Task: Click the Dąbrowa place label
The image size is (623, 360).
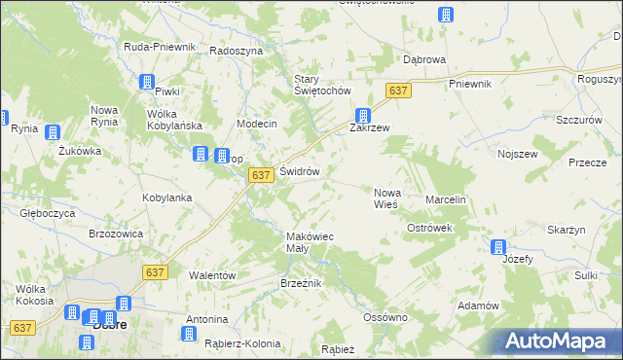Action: tap(424, 59)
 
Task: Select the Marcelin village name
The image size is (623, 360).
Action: tap(447, 199)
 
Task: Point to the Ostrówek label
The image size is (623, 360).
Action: tap(430, 227)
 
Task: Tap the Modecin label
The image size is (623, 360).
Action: tap(258, 125)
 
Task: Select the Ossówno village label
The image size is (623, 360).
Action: tap(384, 317)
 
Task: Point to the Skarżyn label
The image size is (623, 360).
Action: tap(566, 229)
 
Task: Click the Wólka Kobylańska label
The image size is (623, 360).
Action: tap(173, 120)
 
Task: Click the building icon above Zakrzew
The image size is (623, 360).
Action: tap(362, 114)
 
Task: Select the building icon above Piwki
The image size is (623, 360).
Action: tap(147, 83)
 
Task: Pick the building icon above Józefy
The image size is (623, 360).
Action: tap(498, 247)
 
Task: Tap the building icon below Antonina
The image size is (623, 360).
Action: tap(189, 335)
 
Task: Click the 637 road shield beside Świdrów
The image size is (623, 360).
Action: tap(259, 174)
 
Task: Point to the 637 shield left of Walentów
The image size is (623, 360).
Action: tap(157, 274)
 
